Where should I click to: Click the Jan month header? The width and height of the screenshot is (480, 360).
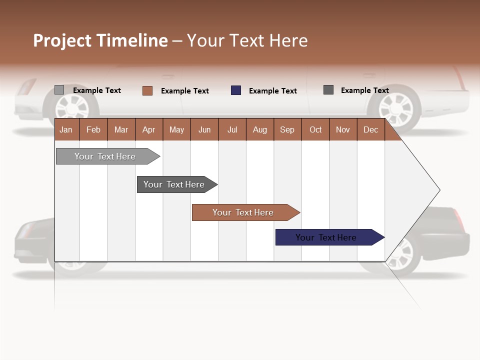(66, 130)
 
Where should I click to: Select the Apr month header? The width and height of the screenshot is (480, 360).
(148, 130)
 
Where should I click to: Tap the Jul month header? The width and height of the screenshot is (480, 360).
(232, 130)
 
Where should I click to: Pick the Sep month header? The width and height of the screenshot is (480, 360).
(287, 130)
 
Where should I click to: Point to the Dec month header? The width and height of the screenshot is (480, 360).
(370, 130)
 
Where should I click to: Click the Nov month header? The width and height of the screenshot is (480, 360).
(342, 130)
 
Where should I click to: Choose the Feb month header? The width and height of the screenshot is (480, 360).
(93, 130)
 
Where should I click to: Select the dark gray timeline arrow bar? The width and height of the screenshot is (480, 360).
(175, 184)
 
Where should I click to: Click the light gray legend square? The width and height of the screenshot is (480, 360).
(59, 90)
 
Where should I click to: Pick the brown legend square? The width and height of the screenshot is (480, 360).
(147, 90)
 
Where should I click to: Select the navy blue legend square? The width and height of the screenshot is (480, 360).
(236, 90)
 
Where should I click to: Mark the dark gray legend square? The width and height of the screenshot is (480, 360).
(328, 90)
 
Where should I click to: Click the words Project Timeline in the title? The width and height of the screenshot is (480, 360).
(100, 40)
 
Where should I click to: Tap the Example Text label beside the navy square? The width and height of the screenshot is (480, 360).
(272, 91)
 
